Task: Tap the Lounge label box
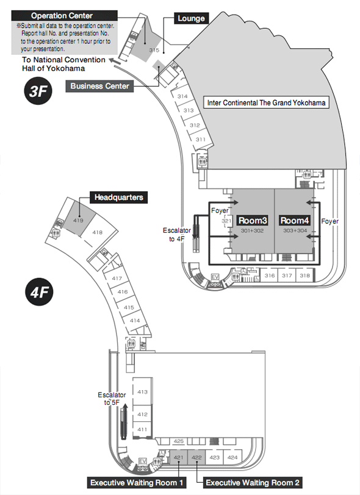point(191,18)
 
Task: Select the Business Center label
point(99,86)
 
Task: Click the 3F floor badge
point(38,91)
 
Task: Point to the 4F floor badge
point(39,292)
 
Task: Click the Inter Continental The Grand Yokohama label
point(266,102)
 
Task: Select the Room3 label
point(253,220)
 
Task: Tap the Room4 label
point(295,220)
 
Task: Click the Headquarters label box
point(118,198)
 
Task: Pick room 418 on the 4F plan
point(98,232)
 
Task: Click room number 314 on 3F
point(182,96)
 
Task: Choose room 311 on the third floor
point(200,139)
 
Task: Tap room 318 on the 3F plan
point(304,276)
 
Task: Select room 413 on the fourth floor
point(143,392)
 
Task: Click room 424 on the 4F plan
point(232,457)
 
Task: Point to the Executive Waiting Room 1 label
point(137,483)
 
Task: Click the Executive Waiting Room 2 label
point(252,483)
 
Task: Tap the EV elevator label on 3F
point(215,277)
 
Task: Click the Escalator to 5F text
point(112,399)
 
